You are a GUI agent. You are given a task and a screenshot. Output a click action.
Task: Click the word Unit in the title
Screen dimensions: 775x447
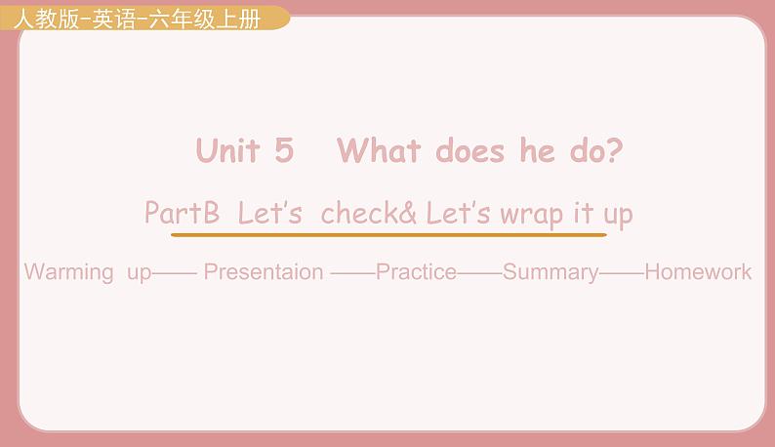[x=227, y=150]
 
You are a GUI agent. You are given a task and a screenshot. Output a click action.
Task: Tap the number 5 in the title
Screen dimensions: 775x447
[x=284, y=150]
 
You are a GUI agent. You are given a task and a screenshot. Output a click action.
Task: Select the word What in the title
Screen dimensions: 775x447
[x=379, y=150]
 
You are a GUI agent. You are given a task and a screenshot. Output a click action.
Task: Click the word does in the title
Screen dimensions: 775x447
[x=470, y=150]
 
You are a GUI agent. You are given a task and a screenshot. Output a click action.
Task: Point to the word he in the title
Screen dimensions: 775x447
[x=537, y=150]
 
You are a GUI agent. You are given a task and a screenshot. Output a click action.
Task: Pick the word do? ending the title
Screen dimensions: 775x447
[x=596, y=150]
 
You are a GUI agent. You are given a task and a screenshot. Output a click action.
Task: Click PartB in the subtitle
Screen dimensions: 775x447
[x=182, y=212]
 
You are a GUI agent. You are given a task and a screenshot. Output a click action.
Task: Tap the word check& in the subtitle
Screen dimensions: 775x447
[x=369, y=213]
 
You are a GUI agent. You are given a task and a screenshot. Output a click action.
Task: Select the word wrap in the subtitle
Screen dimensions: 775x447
[x=531, y=216]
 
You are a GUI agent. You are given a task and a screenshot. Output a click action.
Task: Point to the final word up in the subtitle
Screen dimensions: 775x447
[x=618, y=217]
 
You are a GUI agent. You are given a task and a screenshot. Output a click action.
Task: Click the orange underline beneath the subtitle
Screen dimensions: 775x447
[x=388, y=235]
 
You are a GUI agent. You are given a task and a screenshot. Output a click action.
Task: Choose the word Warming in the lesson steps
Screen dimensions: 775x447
[x=68, y=273]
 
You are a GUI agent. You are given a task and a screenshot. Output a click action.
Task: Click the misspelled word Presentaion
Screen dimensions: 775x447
[x=264, y=272]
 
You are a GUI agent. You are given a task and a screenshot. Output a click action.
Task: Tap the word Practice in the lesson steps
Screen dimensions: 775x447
[x=416, y=272]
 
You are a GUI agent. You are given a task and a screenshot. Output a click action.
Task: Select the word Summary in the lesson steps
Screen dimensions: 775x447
[x=551, y=273]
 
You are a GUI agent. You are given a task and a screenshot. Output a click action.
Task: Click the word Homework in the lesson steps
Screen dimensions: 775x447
[x=698, y=272]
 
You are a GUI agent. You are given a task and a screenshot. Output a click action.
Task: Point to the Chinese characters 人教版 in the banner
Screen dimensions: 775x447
[x=47, y=20]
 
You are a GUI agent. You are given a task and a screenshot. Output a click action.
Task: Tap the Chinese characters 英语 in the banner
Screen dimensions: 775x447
[x=113, y=20]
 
